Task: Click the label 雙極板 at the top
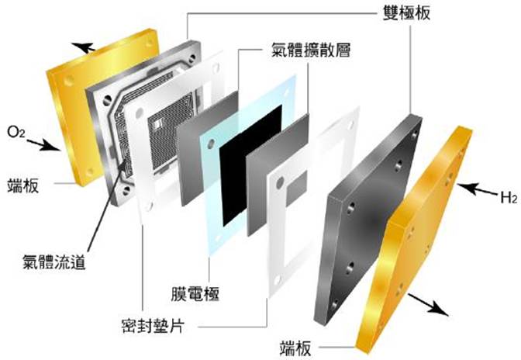(406, 12)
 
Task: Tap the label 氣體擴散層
(311, 50)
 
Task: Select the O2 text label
(16, 133)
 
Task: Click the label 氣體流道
(53, 262)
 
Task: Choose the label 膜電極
(195, 294)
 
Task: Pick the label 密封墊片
(153, 325)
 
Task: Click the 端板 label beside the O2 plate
(23, 185)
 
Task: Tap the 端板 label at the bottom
(295, 348)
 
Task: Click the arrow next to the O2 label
(43, 145)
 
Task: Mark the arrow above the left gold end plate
(83, 47)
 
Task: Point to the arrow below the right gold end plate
(428, 303)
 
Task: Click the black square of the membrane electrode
(251, 165)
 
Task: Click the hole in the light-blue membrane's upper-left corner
(211, 144)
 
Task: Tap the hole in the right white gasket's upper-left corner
(281, 182)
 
